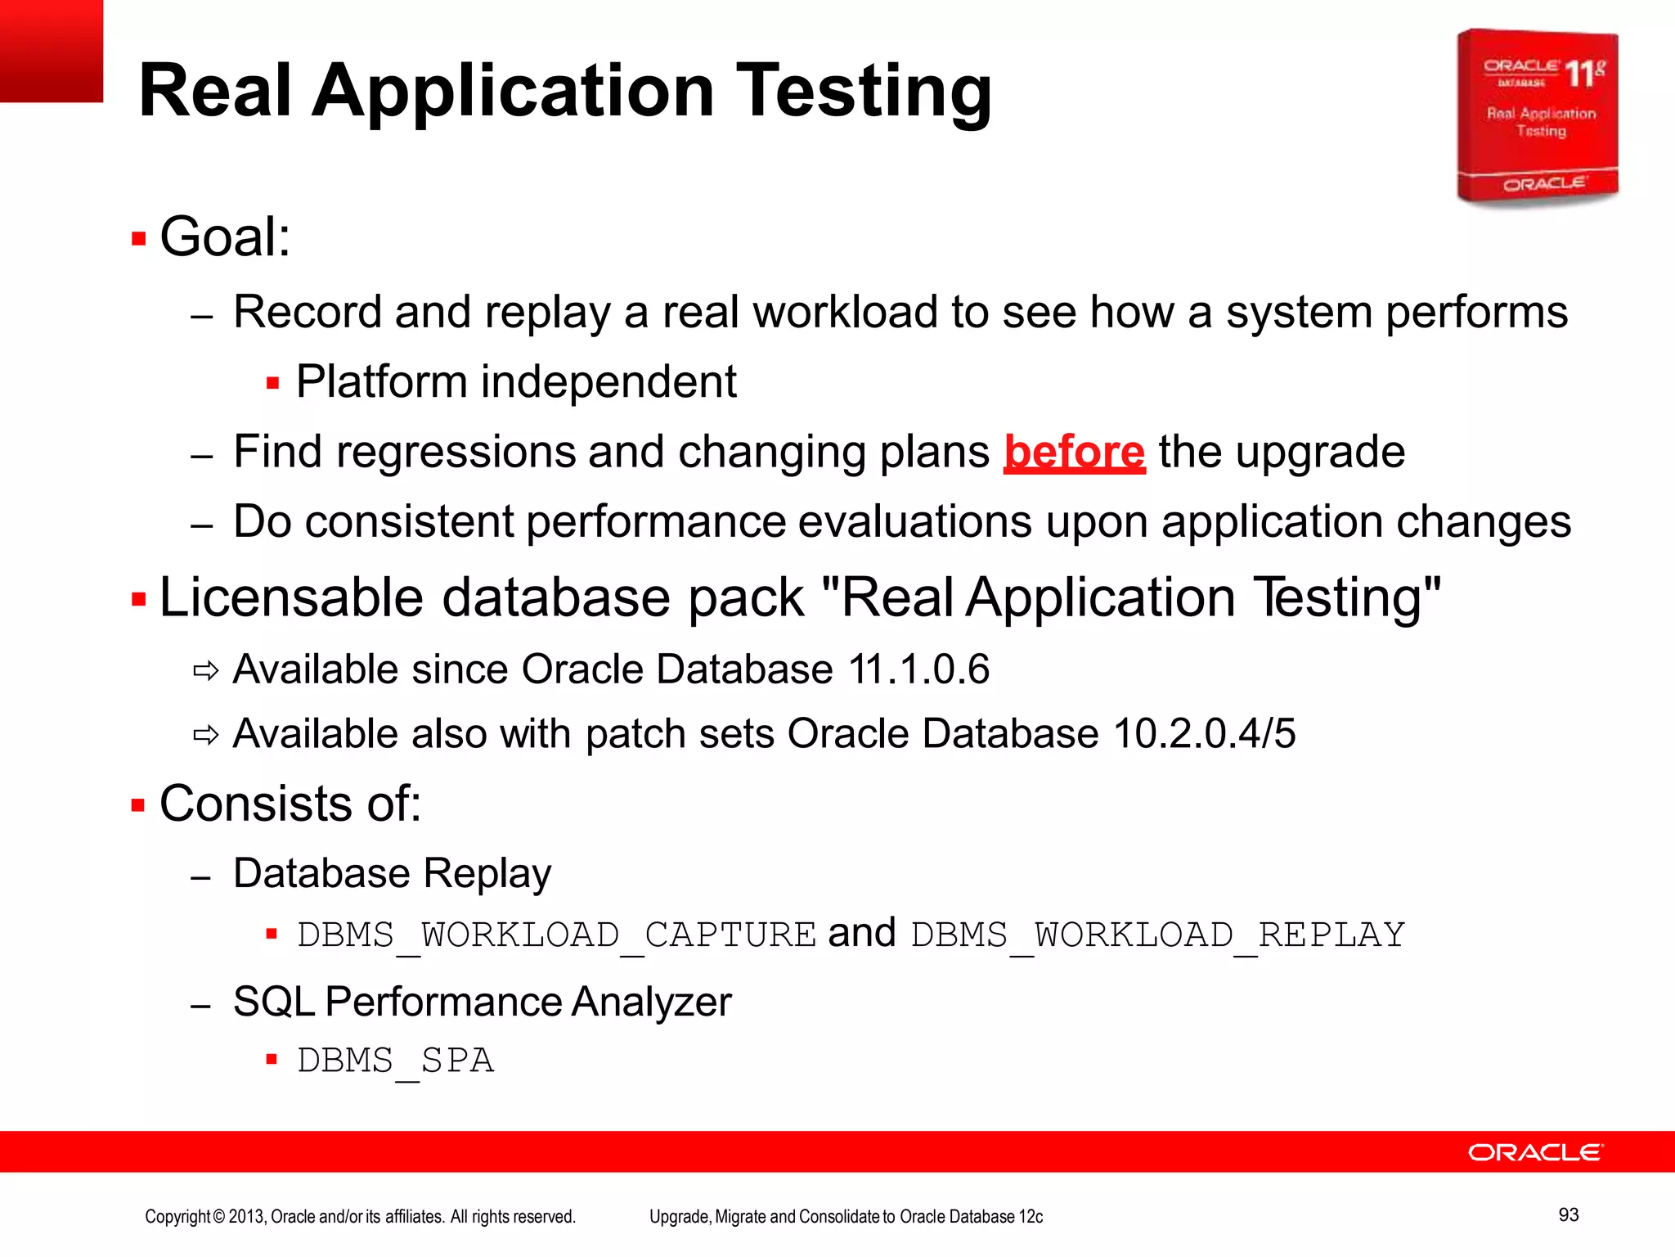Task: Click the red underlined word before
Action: coord(1074,453)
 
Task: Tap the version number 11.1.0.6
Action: coord(918,669)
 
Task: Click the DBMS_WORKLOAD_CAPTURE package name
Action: coord(556,935)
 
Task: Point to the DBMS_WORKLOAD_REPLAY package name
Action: coord(1157,935)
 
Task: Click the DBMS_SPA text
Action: coord(395,1061)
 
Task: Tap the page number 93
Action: coord(1568,1214)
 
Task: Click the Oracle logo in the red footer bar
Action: coord(1535,1152)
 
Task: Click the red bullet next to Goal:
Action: coord(138,239)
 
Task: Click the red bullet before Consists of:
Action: coord(138,805)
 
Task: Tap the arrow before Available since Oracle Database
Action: coord(205,672)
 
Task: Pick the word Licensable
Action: coord(291,597)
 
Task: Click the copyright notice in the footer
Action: coord(360,1217)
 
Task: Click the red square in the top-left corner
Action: coord(51,51)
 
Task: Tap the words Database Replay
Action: coord(392,873)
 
